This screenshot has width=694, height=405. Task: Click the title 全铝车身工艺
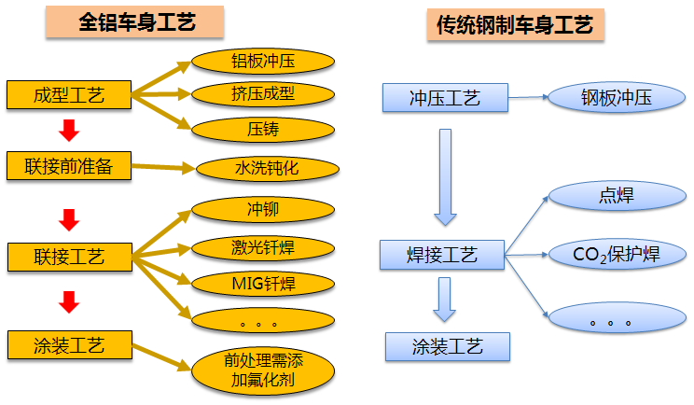point(137,22)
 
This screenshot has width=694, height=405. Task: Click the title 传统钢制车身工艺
point(514,25)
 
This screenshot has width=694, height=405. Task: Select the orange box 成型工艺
point(68,94)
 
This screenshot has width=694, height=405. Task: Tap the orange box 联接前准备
point(68,165)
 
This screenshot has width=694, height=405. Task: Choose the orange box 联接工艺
point(68,255)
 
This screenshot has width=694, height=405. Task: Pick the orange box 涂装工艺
point(68,344)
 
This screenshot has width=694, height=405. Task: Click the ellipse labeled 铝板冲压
point(262,62)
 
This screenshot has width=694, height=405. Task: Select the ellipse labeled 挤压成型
point(262,94)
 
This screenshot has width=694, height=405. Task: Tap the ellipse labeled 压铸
point(262,128)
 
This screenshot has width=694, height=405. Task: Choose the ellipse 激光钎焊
point(262,247)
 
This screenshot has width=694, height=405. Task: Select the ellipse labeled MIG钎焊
point(262,281)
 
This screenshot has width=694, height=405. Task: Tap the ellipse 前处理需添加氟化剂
point(262,371)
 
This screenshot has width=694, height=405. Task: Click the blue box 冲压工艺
point(445,97)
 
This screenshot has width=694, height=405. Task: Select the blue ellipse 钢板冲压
point(616,97)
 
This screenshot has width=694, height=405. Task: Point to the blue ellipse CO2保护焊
point(616,254)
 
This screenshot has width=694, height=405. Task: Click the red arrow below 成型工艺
point(67,130)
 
